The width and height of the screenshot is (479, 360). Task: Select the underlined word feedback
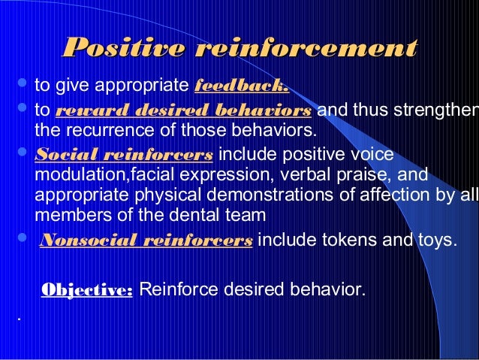click(x=241, y=85)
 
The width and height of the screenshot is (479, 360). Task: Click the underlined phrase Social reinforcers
click(x=124, y=156)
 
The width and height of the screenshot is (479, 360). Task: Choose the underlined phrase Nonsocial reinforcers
click(x=145, y=241)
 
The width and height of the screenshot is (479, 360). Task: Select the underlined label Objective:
click(x=86, y=289)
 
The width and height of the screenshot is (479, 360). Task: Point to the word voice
click(x=372, y=156)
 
